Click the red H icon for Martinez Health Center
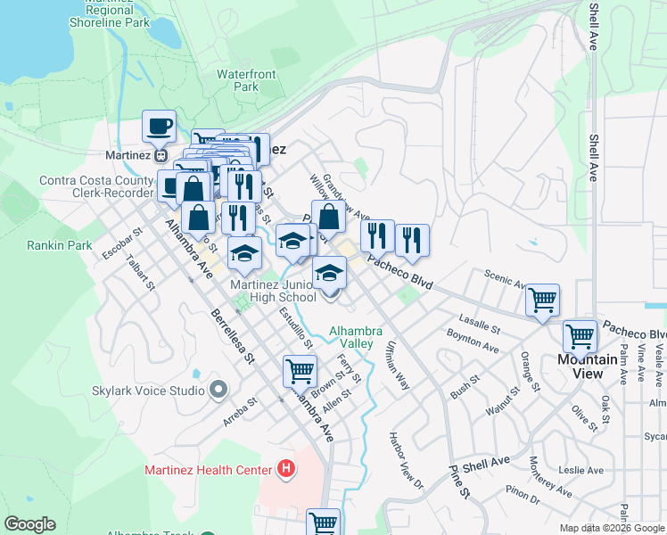285,468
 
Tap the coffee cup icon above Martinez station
159,127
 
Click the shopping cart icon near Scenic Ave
542,301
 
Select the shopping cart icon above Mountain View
580,337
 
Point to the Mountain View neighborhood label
587,366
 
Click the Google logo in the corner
30,524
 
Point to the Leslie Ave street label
581,470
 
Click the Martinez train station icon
161,154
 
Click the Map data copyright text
612,528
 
